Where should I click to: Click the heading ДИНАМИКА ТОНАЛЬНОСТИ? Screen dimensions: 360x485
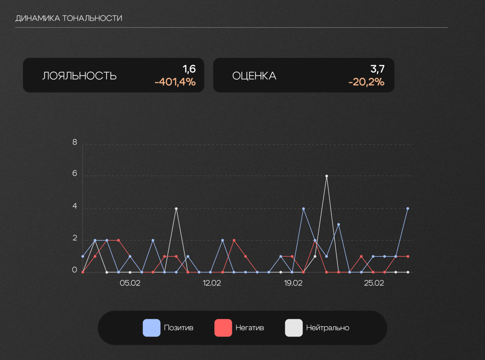tap(69, 18)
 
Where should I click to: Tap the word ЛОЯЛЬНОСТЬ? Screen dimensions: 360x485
tap(79, 76)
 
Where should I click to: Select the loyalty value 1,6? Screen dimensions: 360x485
tap(189, 69)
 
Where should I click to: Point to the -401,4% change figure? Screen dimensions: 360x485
tap(175, 82)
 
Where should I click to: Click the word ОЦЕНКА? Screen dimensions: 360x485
tap(254, 76)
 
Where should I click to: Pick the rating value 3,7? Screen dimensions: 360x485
tap(377, 69)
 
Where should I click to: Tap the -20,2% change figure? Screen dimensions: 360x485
tap(366, 82)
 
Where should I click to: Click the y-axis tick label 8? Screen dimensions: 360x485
tap(75, 142)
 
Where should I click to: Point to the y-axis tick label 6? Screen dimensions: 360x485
tap(75, 173)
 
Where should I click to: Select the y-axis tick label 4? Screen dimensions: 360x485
tap(75, 206)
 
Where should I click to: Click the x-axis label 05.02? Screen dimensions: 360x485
tap(130, 283)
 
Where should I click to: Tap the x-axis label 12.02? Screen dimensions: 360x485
tap(212, 283)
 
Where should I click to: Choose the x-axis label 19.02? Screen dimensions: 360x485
tap(293, 283)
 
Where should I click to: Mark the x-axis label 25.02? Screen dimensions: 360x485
tap(374, 283)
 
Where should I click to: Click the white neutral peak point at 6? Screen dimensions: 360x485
tap(326, 176)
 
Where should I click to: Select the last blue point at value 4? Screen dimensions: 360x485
tap(408, 208)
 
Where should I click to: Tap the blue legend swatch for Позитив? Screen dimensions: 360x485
tap(152, 328)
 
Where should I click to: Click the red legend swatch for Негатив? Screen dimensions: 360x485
tap(223, 328)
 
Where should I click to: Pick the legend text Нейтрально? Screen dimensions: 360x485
tap(328, 328)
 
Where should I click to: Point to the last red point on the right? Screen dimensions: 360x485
tap(408, 257)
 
